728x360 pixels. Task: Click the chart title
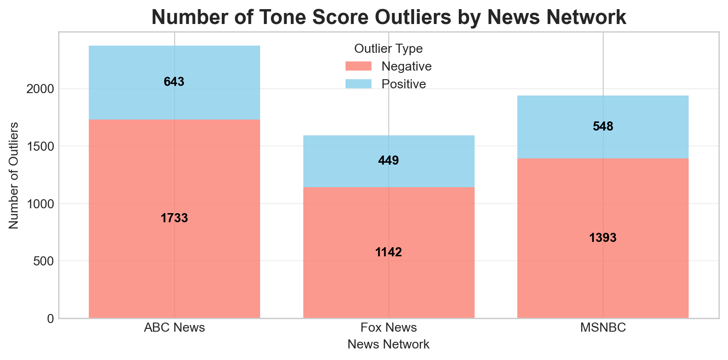point(389,17)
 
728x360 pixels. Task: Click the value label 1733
point(174,218)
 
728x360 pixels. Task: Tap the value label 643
point(174,82)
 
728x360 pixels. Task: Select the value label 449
point(388,161)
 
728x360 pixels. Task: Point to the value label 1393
point(603,238)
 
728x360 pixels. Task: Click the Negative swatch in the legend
point(358,66)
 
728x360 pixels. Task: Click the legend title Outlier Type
point(388,48)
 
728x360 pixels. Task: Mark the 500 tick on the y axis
point(43,261)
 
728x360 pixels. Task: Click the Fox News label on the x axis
point(388,328)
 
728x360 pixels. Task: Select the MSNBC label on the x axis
point(603,328)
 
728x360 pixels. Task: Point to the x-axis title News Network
point(388,345)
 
